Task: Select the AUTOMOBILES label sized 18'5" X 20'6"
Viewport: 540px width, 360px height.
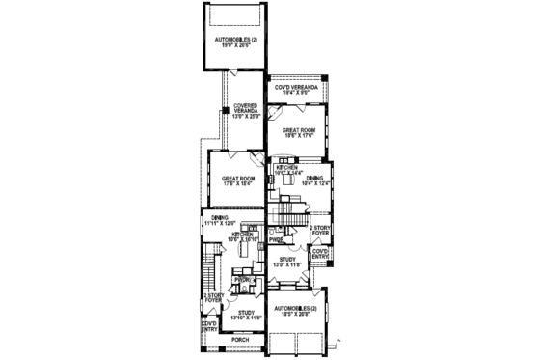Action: pyautogui.click(x=296, y=310)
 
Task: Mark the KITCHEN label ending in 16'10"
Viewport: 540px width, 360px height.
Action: pyautogui.click(x=242, y=236)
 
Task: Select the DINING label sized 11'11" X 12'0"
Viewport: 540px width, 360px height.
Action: pyautogui.click(x=220, y=220)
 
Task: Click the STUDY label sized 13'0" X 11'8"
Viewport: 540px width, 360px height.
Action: pyautogui.click(x=286, y=261)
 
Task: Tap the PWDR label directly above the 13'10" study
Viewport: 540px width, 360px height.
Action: pyautogui.click(x=242, y=280)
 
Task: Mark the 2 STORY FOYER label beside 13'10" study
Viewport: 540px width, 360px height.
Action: pyautogui.click(x=212, y=299)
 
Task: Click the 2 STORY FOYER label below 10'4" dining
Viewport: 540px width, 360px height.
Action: pyautogui.click(x=319, y=231)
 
